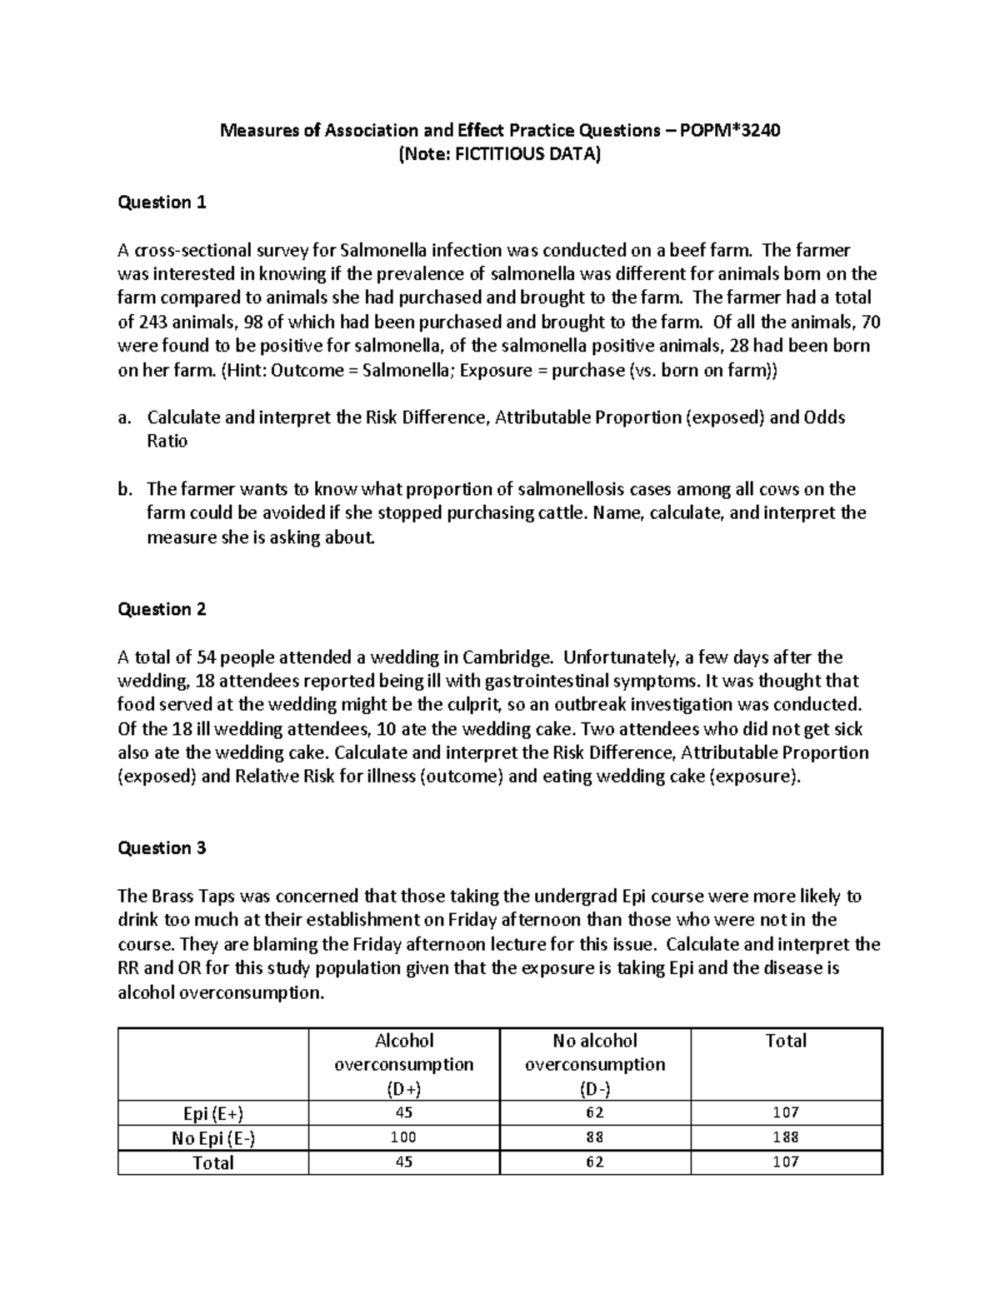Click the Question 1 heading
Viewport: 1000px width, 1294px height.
click(162, 202)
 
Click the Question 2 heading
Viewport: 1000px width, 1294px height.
click(162, 609)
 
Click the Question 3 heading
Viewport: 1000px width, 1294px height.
click(162, 848)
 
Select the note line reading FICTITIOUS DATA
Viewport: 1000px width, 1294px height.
click(499, 154)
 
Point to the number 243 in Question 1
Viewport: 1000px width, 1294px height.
click(155, 322)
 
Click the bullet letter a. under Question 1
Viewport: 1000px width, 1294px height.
click(125, 417)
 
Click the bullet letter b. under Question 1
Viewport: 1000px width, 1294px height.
click(125, 489)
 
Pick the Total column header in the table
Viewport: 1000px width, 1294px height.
click(786, 1041)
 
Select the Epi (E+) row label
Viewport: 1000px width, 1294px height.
click(213, 1113)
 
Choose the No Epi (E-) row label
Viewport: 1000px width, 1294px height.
click(213, 1137)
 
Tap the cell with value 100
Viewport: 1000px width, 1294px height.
click(403, 1137)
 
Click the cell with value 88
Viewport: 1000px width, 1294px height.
click(594, 1137)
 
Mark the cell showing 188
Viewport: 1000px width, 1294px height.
click(786, 1137)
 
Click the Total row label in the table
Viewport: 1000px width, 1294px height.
click(213, 1162)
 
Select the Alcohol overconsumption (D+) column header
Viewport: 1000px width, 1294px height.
click(403, 1064)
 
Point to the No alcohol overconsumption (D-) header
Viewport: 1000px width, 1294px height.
click(594, 1064)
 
